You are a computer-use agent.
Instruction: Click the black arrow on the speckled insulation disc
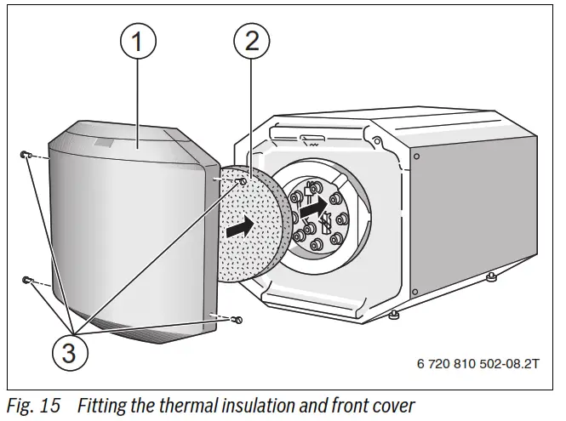pyautogui.click(x=241, y=227)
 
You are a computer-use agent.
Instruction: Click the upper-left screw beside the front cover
pyautogui.click(x=26, y=155)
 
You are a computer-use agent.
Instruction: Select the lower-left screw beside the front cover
pyautogui.click(x=27, y=280)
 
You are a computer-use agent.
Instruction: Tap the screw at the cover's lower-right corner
pyautogui.click(x=238, y=320)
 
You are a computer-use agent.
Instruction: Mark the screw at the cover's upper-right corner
pyautogui.click(x=243, y=181)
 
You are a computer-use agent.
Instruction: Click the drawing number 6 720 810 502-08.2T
pyautogui.click(x=477, y=363)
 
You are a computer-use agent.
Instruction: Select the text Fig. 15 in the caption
pyautogui.click(x=33, y=406)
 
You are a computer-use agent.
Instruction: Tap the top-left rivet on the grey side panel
pyautogui.click(x=416, y=156)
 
